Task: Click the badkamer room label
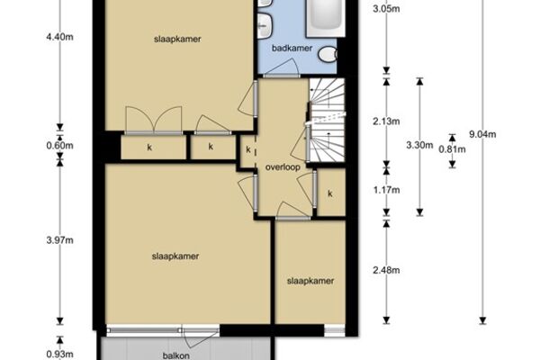click(x=292, y=49)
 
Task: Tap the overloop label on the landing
click(x=283, y=167)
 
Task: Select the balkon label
click(x=176, y=355)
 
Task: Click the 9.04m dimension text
click(x=482, y=134)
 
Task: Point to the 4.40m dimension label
click(x=60, y=37)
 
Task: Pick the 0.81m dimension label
click(x=452, y=149)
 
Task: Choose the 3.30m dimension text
click(x=419, y=145)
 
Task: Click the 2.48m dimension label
click(x=386, y=270)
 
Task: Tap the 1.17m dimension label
click(x=386, y=190)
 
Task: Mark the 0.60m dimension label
click(x=60, y=146)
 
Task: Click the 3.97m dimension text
click(x=60, y=240)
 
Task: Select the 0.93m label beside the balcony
click(x=60, y=354)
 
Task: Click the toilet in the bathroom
click(x=328, y=54)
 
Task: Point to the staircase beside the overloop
click(x=326, y=120)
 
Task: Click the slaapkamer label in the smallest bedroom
click(x=310, y=281)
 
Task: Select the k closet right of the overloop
click(x=330, y=193)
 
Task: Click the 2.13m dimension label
click(x=386, y=121)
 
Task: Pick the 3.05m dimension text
click(x=386, y=9)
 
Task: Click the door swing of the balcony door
click(x=199, y=339)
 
